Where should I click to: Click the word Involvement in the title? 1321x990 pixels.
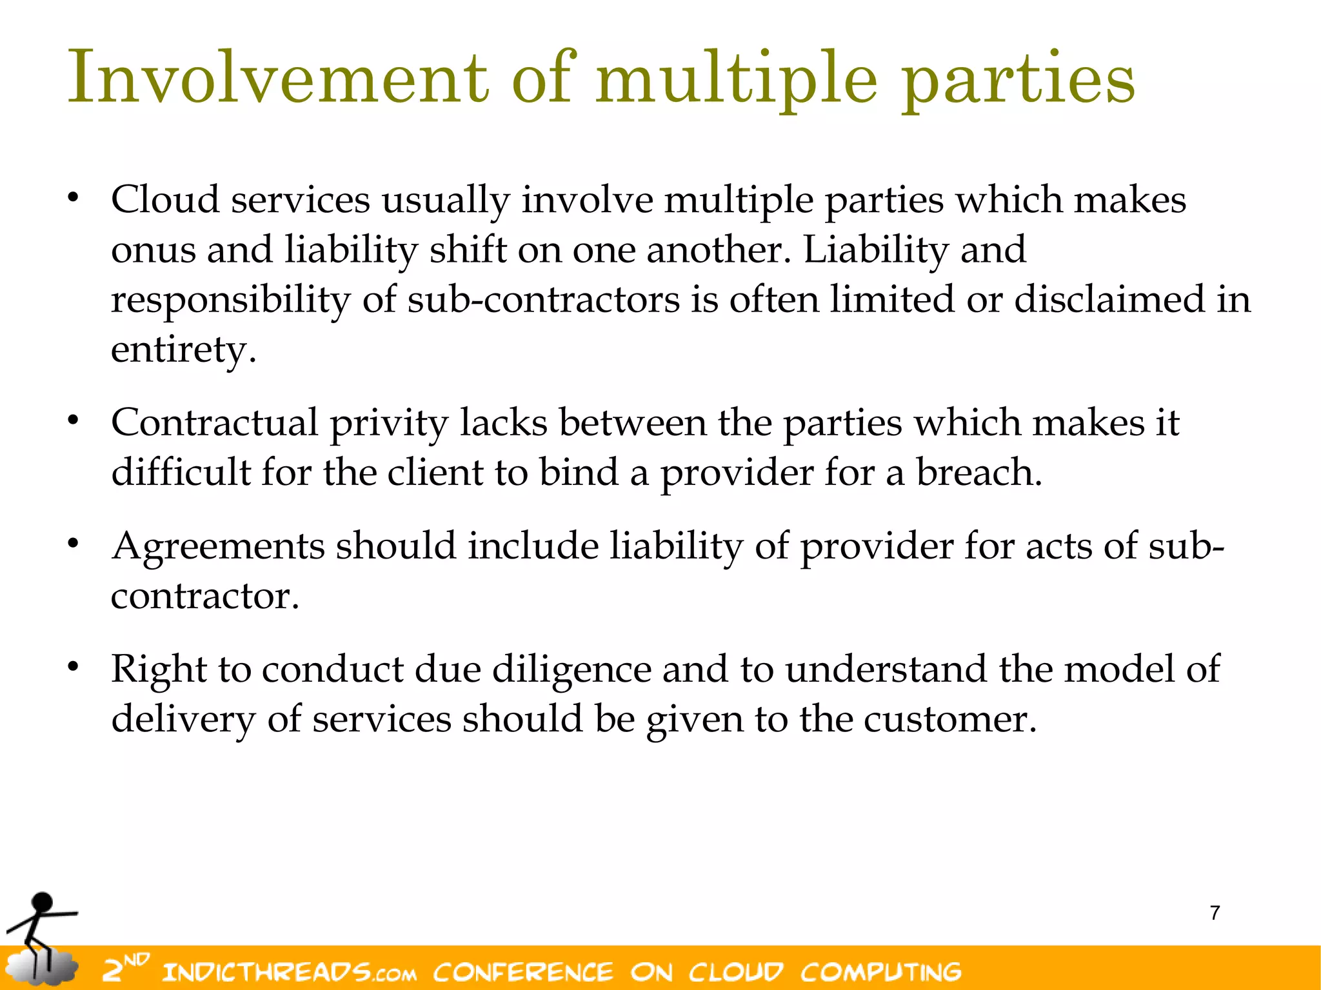[x=278, y=79]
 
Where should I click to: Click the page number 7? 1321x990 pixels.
[x=1215, y=913]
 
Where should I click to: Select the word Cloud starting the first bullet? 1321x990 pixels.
[x=165, y=199]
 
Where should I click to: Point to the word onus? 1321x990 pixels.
[x=153, y=251]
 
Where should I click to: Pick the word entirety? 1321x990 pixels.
[x=183, y=350]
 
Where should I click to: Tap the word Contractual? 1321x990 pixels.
[x=215, y=423]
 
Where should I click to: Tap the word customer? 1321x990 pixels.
[x=949, y=720]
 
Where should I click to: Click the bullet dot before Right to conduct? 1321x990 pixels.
[x=74, y=666]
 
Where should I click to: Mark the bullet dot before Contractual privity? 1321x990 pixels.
[x=74, y=420]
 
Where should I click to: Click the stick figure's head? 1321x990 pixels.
[x=43, y=902]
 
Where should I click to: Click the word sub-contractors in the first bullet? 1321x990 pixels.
[x=543, y=300]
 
